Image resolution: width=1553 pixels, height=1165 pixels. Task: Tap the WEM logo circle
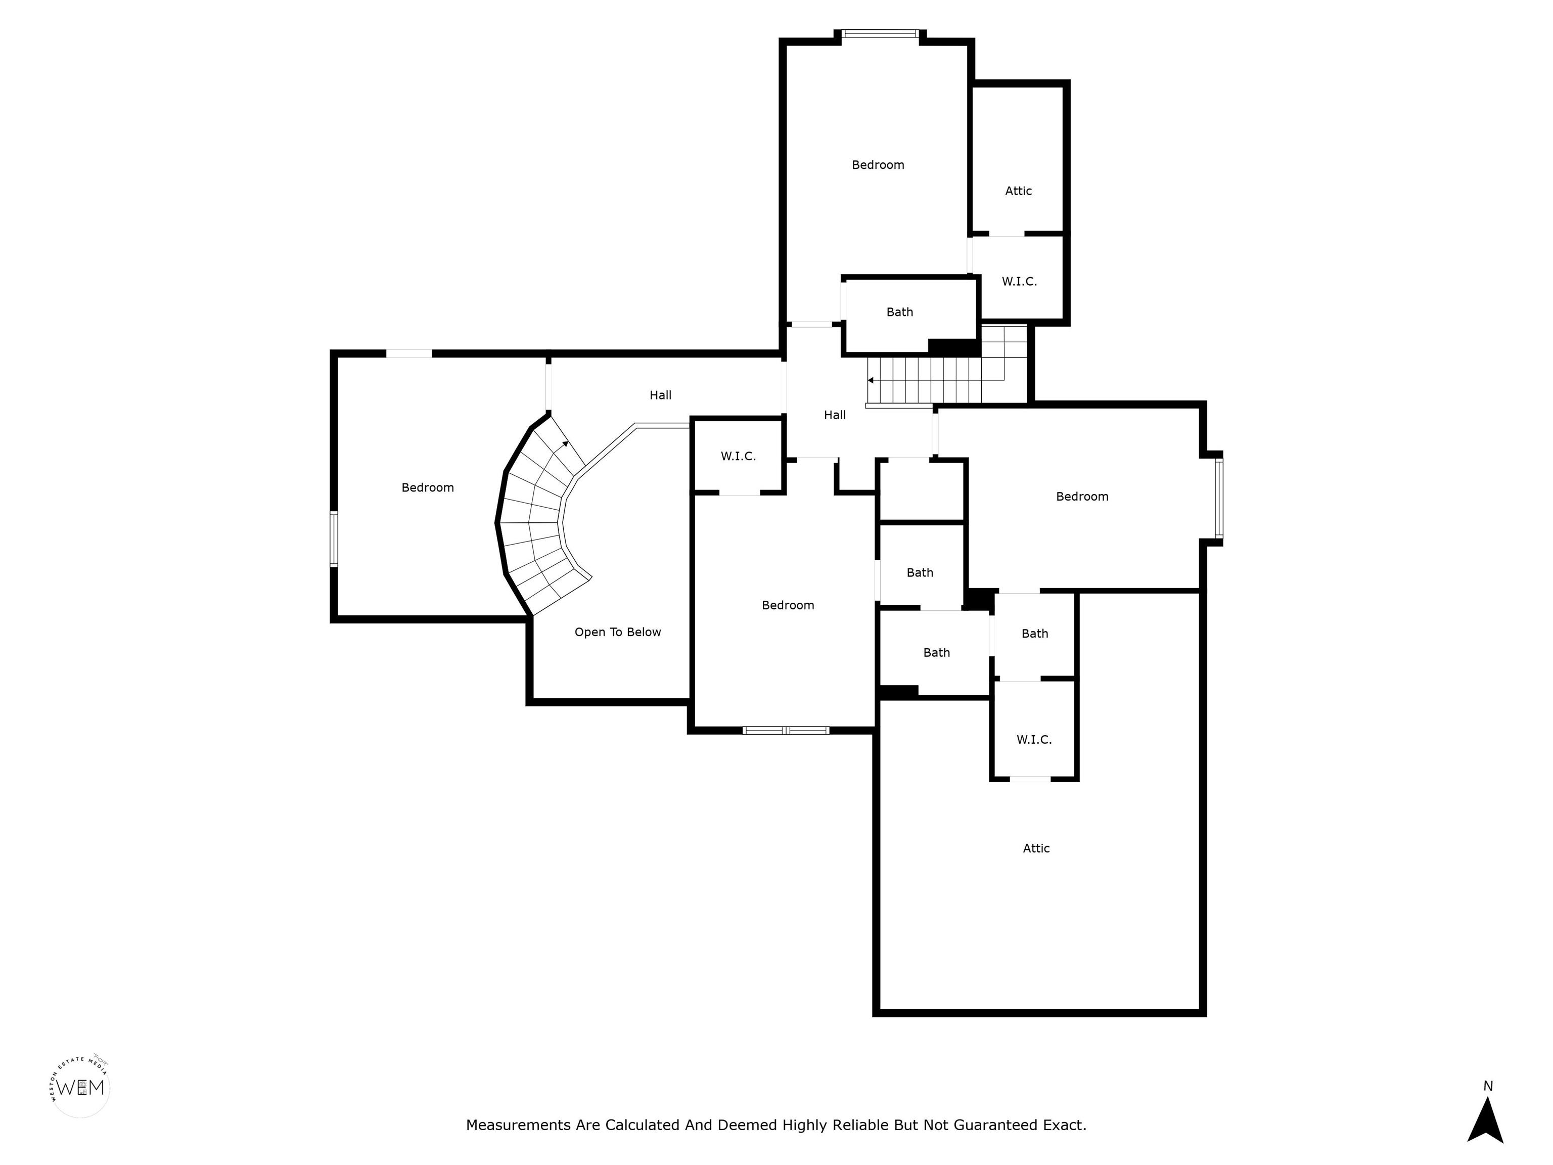pos(81,1088)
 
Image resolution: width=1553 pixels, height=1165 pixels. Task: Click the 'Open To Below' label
pos(618,632)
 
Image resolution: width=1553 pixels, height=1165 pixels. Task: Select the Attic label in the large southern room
pos(1036,848)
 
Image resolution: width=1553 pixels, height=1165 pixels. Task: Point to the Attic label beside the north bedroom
pos(1019,191)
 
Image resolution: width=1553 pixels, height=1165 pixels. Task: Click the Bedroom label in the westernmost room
pos(428,487)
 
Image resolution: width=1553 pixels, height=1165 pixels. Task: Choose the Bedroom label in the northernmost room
pos(878,165)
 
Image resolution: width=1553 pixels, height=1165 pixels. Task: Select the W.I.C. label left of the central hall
pos(739,457)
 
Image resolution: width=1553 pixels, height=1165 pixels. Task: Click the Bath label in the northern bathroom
pos(900,312)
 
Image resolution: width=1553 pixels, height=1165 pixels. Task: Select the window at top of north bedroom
pos(881,33)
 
